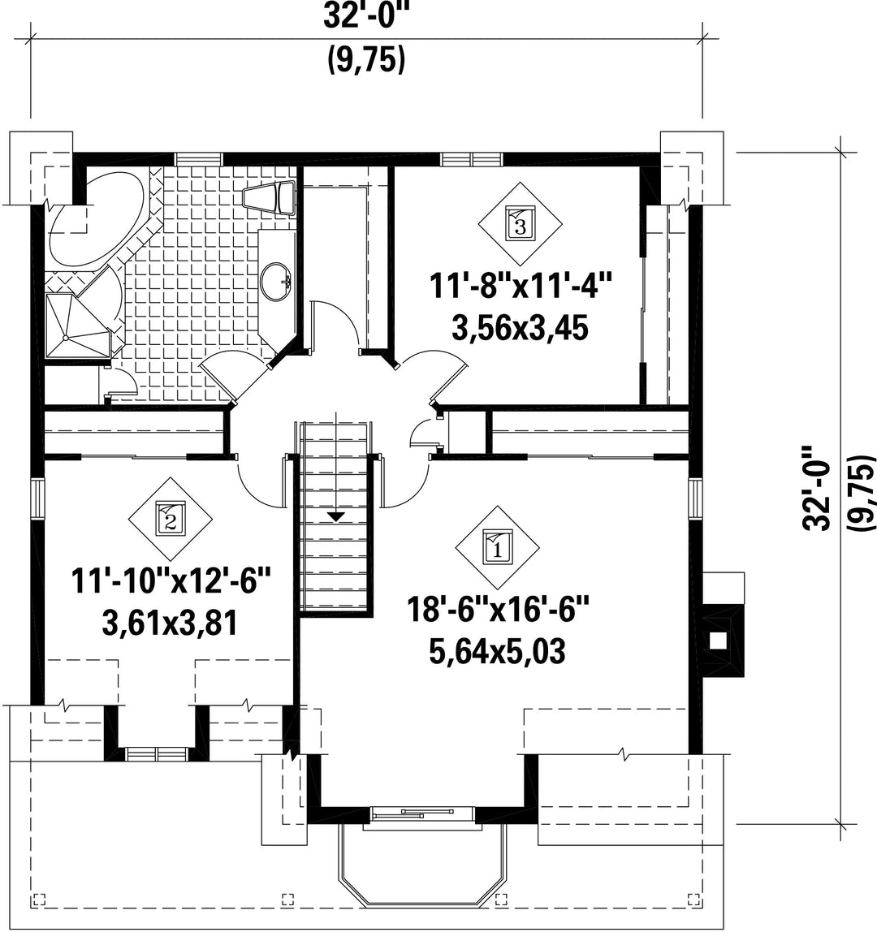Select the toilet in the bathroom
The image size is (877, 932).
270,196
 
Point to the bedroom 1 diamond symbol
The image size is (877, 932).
497,547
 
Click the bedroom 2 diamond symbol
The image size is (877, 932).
171,519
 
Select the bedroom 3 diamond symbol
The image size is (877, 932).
521,223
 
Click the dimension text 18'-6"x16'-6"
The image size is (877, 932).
499,611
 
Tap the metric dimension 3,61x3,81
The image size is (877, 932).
171,623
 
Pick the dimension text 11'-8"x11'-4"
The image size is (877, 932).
521,287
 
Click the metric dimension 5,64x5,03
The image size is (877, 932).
497,651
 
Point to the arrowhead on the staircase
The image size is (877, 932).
336,516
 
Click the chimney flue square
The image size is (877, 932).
719,641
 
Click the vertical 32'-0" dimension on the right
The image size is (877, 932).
816,487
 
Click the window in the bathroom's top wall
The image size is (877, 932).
199,158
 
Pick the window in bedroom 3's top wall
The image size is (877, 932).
472,158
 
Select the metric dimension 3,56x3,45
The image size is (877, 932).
521,327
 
